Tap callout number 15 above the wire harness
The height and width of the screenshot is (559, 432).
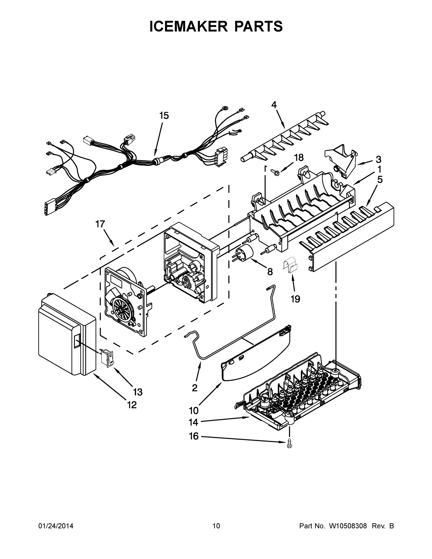pos(164,116)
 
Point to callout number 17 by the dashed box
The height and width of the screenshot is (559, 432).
pos(100,224)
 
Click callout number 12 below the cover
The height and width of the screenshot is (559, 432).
pos(132,405)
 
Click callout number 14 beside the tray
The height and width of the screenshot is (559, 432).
pos(193,422)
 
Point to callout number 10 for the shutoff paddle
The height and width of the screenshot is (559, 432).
pos(194,411)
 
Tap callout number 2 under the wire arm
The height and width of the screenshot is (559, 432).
pos(194,388)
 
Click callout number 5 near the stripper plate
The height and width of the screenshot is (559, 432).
pos(380,180)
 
